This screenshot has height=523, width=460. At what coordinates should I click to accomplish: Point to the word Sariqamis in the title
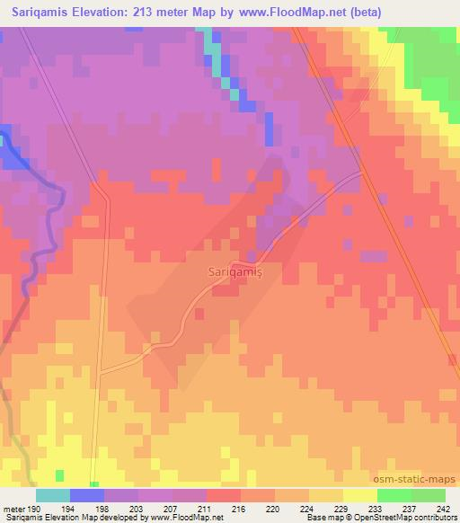tap(37, 12)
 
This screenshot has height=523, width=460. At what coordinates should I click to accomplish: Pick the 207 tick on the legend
tap(172, 509)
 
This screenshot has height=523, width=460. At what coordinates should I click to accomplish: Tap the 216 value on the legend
tap(240, 509)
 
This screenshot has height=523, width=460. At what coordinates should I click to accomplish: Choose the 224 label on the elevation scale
tap(308, 509)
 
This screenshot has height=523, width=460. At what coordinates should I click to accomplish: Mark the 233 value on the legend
tap(376, 509)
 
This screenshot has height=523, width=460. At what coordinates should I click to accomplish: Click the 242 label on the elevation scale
tap(443, 509)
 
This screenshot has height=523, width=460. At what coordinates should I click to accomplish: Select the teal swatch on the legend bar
tap(53, 495)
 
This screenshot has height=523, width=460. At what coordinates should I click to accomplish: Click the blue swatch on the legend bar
tap(87, 495)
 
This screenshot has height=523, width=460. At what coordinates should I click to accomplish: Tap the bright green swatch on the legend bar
tap(394, 495)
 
